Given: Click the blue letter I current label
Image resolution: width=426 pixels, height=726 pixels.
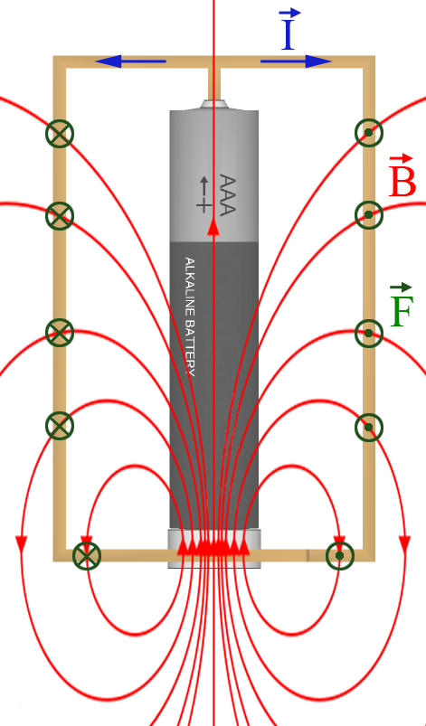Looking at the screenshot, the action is coord(288,29).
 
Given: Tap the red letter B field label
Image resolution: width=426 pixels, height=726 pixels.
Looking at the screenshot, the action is coord(402,176).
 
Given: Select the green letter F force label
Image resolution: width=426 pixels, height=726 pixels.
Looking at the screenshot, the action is coord(401,305).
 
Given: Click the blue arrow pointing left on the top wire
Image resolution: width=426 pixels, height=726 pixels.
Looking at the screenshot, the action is coord(130,61).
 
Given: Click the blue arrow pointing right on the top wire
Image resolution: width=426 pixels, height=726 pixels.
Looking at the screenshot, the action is coord(296,61).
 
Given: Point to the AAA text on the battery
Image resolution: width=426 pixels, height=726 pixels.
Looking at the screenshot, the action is coord(227,195).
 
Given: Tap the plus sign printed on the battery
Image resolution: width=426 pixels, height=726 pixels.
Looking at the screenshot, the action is coord(204,204).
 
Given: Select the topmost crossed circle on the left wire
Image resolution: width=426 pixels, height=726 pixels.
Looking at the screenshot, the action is coord(60,133).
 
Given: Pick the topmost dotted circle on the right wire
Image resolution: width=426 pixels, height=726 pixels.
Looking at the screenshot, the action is coord(369,133).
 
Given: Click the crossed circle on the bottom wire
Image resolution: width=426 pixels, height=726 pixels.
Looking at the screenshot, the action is coord(87,556).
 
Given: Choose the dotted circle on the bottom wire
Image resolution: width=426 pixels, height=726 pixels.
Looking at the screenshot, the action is coord(340,556).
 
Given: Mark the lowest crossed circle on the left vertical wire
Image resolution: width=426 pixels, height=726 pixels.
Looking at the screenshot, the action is coord(60,426).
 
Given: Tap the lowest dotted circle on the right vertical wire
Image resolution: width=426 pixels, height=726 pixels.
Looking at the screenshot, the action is coord(369,427).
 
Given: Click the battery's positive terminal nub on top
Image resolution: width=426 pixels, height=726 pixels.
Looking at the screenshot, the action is coord(213,104).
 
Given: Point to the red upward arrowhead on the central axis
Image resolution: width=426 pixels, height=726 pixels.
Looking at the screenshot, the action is coord(213,227).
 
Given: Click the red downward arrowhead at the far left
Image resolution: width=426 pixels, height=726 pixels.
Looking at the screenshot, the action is coord(22,543).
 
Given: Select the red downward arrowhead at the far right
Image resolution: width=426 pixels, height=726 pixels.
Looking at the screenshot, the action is coord(404,543).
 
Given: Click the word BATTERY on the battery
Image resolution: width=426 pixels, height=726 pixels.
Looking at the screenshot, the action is coord(189,348).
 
